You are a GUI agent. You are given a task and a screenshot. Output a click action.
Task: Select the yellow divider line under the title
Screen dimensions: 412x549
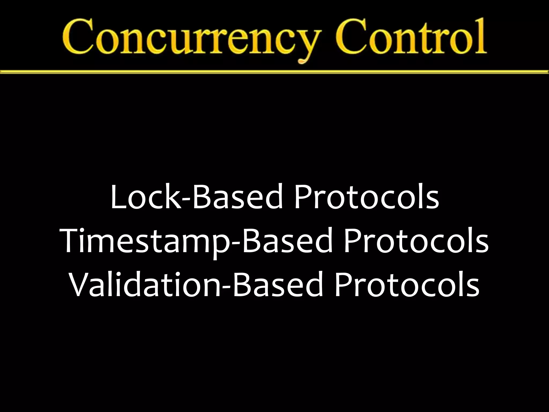point(274,72)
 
